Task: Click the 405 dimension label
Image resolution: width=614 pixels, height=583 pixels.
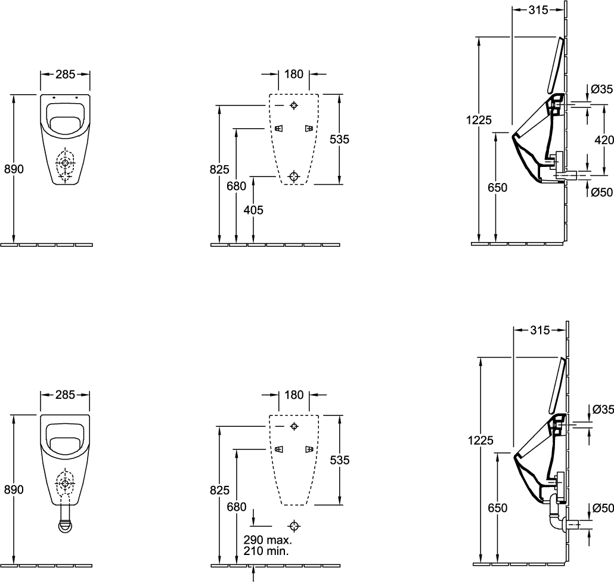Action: [253, 210]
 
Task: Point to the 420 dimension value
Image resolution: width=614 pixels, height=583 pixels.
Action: [604, 139]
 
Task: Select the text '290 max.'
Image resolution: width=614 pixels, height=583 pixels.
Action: [268, 540]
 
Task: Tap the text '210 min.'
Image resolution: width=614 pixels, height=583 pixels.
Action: [266, 551]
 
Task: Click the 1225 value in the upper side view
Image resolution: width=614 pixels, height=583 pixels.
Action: [479, 120]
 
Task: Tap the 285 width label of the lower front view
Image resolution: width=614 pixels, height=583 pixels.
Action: [65, 395]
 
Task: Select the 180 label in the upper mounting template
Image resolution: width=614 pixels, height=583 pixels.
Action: [294, 74]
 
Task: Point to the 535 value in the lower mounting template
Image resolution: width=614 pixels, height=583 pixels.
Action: [340, 460]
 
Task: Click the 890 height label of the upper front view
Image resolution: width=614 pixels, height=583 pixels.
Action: [14, 169]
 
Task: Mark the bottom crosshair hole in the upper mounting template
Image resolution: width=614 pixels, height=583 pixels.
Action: [294, 176]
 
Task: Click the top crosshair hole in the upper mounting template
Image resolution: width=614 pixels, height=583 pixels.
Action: [294, 106]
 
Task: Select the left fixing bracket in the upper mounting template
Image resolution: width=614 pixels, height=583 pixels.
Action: [278, 128]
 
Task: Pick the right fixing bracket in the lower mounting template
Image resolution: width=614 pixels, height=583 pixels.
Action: [309, 449]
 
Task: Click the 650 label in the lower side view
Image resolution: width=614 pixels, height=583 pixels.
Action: [497, 508]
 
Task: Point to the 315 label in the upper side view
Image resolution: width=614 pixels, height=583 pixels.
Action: [538, 10]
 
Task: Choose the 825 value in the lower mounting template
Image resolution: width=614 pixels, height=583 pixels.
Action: [219, 490]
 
